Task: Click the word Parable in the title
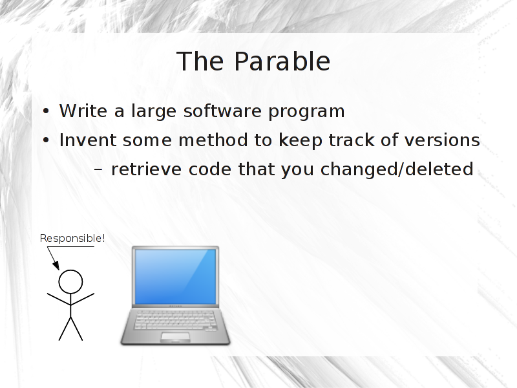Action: [282, 61]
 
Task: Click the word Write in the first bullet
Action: [83, 111]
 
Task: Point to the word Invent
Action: [88, 140]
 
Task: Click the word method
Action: [213, 140]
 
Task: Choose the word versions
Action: [442, 140]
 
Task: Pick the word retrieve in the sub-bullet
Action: [147, 169]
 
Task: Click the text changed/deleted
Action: [397, 169]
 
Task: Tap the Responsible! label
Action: [72, 238]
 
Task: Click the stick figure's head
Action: [70, 282]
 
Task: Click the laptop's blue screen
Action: [175, 277]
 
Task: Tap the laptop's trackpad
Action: [175, 337]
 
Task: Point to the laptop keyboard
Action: [175, 319]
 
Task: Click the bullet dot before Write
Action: [46, 111]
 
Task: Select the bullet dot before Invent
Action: [46, 140]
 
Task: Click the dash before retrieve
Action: [98, 170]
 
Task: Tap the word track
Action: [351, 140]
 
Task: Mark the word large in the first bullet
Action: [154, 111]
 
